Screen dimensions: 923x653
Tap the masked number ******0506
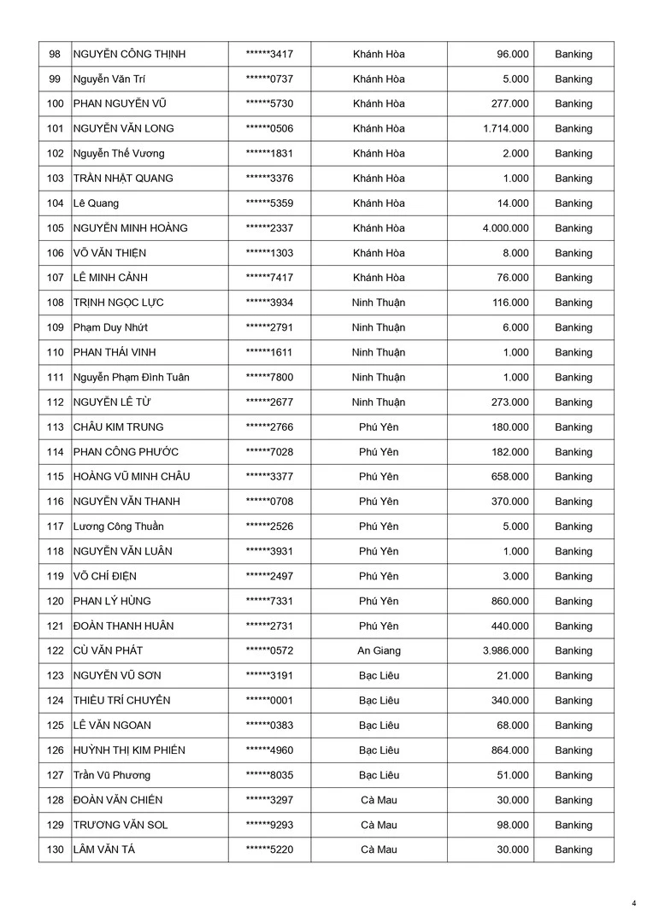point(269,129)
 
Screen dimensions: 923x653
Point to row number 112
point(56,403)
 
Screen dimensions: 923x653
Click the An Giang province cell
point(379,651)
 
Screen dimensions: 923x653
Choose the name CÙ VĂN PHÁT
point(108,651)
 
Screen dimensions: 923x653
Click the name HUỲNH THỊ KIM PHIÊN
point(129,750)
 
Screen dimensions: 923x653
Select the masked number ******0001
point(269,701)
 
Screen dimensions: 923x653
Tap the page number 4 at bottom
point(634,902)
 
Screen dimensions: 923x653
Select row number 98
point(56,55)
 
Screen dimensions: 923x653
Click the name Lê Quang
point(96,203)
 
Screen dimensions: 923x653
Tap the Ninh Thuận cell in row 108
point(379,303)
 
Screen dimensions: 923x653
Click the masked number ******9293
point(269,825)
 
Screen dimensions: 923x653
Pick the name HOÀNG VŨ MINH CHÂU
point(131,477)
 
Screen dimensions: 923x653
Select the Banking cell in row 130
point(574,850)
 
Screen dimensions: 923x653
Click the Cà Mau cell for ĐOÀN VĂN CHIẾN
point(379,800)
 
